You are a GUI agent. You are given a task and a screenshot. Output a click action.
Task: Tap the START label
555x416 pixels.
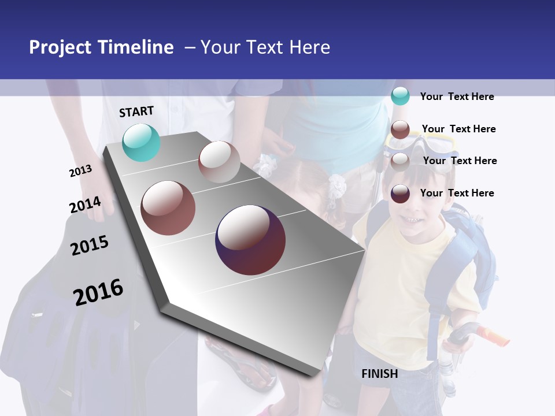click(x=136, y=112)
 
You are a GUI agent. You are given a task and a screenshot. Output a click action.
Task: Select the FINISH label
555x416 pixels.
click(x=380, y=374)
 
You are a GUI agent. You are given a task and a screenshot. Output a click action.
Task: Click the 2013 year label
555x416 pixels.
click(x=80, y=170)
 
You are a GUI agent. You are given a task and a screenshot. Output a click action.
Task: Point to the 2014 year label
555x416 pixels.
click(x=85, y=205)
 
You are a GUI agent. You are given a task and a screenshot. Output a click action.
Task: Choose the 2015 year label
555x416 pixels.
click(x=90, y=245)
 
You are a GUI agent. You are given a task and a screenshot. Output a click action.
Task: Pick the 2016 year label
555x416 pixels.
click(x=98, y=292)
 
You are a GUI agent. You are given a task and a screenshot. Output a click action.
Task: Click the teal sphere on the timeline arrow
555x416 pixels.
click(x=141, y=142)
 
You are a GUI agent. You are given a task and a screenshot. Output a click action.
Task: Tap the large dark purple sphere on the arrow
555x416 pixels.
click(x=250, y=240)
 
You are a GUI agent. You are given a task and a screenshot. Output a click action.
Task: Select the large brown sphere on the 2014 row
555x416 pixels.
click(x=168, y=208)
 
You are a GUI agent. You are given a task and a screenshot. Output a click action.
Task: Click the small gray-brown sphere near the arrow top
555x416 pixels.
click(x=219, y=162)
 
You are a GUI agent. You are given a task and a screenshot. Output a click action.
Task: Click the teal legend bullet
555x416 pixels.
click(x=400, y=96)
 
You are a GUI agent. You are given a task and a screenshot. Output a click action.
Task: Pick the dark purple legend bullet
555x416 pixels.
click(x=400, y=193)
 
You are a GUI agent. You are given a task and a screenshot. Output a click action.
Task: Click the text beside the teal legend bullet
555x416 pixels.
click(x=457, y=96)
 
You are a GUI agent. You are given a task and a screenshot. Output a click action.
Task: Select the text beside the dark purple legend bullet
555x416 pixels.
click(x=457, y=193)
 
